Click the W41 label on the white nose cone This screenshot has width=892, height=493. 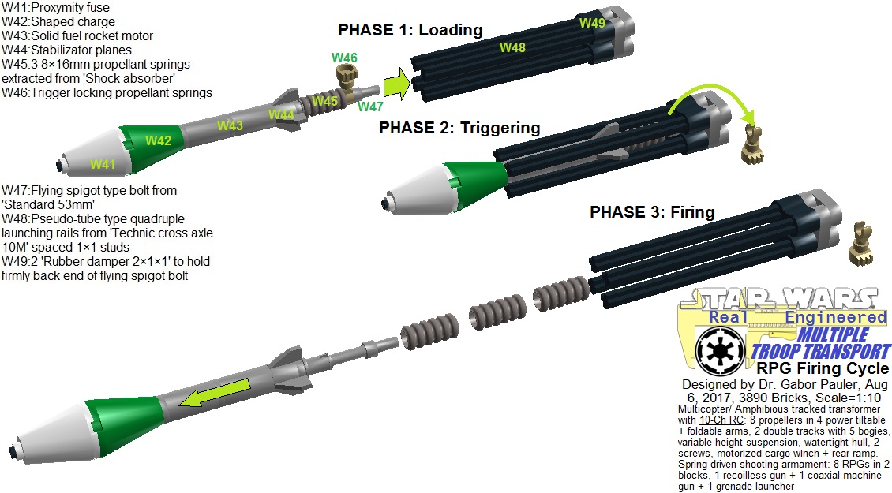pos(103,164)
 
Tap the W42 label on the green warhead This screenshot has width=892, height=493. pos(158,140)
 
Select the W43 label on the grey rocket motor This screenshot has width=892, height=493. pos(230,125)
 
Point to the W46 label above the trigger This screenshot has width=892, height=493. pos(345,58)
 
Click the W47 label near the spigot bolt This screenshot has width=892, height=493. pos(370,106)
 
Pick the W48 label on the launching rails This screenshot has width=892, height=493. pos(512,47)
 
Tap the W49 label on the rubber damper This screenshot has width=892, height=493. pos(592,23)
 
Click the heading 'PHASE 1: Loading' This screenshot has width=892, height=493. pos(410,29)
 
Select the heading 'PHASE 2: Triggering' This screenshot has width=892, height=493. pos(459,127)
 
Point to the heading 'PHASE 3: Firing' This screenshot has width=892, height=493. pos(652,212)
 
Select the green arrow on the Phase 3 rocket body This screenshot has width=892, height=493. pos(215,393)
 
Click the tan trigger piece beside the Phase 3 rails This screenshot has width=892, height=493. pos(860,244)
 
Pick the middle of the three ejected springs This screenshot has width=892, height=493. pos(489,311)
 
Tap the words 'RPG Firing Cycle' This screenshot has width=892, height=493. pos(823,368)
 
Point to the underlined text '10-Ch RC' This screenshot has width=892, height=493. pos(722,420)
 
